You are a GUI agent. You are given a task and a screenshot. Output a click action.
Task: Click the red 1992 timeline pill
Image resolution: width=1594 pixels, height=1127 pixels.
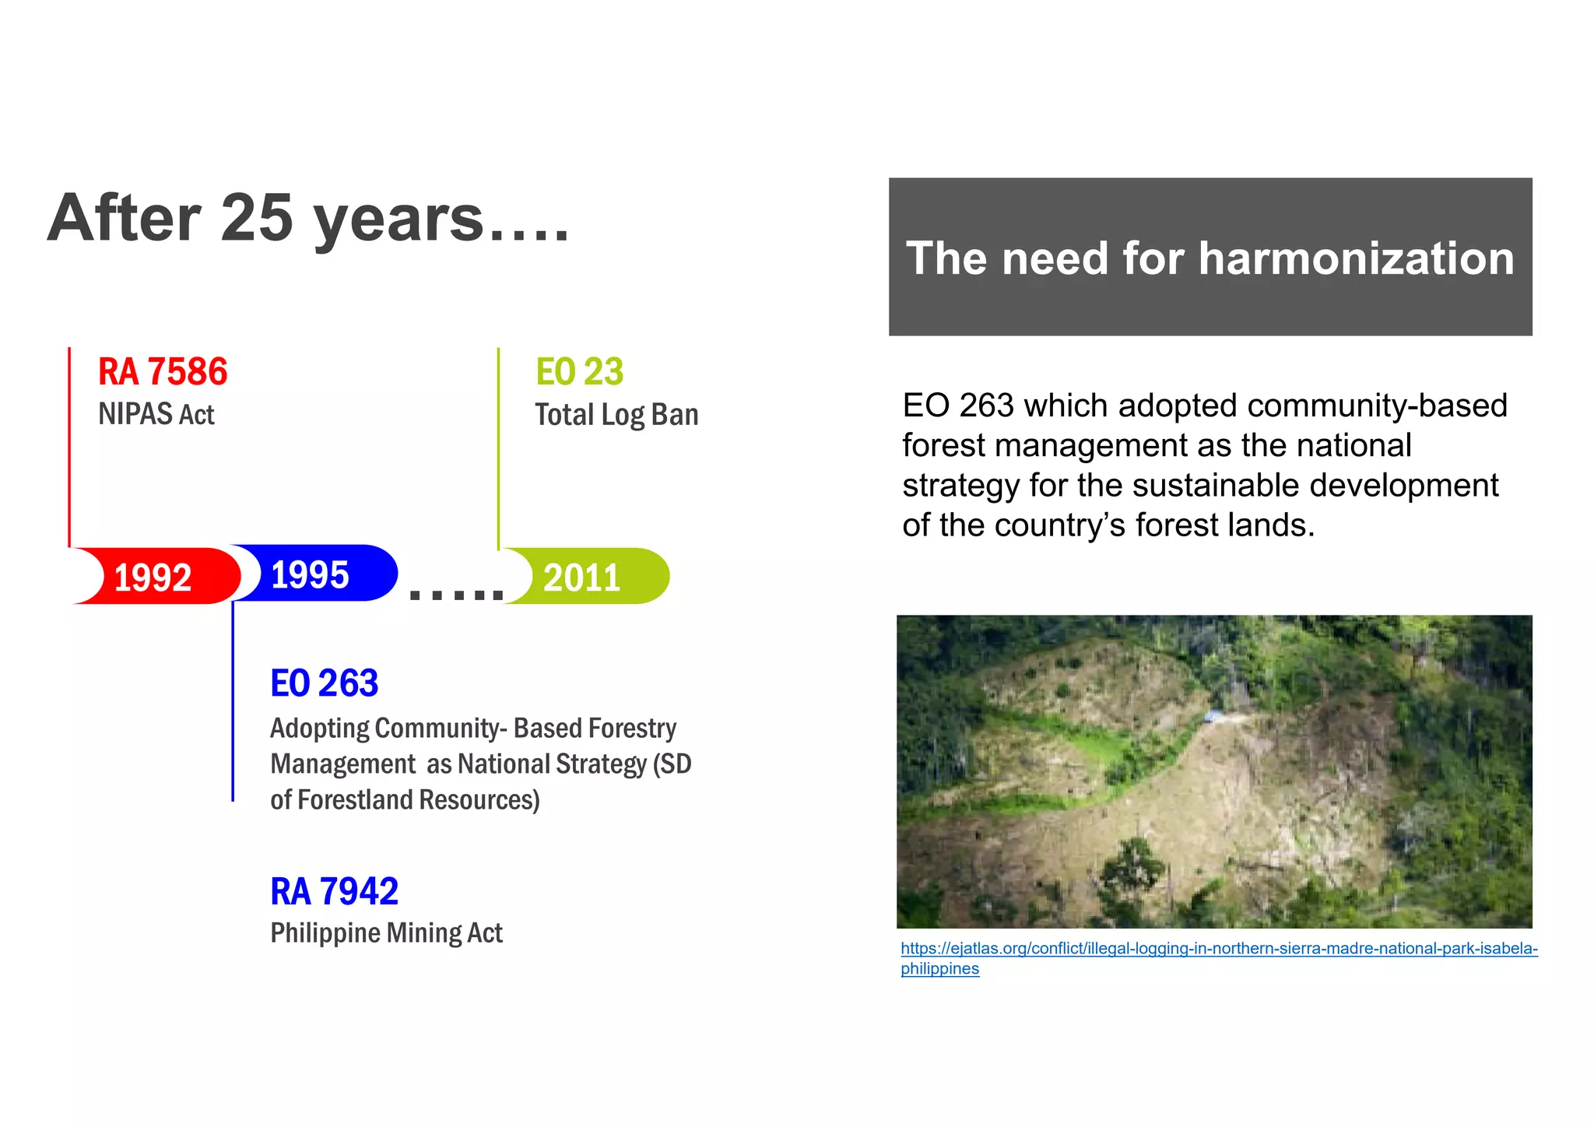tap(156, 577)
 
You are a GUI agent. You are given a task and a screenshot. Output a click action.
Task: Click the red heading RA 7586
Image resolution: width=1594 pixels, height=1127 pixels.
tap(163, 372)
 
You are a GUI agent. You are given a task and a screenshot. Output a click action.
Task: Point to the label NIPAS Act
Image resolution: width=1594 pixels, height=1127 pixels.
tap(156, 414)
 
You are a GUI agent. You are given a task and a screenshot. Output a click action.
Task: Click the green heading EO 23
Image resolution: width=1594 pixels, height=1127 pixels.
tap(579, 372)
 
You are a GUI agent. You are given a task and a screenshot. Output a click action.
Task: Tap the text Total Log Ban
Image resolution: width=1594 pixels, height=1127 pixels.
tap(616, 415)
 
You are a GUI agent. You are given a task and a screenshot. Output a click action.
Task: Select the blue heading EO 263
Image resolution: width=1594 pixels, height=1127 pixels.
tap(324, 683)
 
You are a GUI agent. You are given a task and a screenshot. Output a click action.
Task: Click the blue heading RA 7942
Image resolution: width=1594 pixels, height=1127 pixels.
tap(334, 891)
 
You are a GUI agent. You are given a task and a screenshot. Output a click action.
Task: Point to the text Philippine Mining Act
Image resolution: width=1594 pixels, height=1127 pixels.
tap(386, 932)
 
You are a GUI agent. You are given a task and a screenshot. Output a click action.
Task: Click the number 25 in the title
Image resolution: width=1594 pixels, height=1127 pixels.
tap(257, 218)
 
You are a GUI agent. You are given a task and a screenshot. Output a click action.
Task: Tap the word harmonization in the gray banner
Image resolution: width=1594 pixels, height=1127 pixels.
tap(1356, 258)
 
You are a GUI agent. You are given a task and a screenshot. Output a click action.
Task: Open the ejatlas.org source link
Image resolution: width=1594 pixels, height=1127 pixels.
tap(1218, 949)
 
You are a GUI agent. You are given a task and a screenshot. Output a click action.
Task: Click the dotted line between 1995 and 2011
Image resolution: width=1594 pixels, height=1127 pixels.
tap(457, 595)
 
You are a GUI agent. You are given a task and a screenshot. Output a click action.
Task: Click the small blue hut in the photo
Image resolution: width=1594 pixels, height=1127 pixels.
tap(1213, 715)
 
